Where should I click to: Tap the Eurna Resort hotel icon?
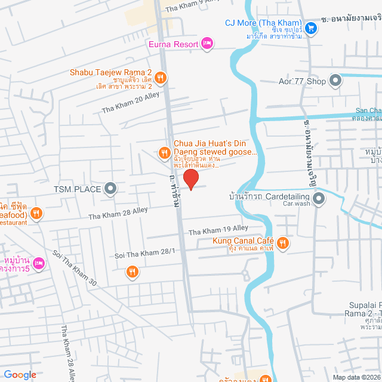pyautogui.click(x=207, y=42)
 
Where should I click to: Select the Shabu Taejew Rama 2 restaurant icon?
pyautogui.click(x=161, y=77)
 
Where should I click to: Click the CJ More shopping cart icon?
pyautogui.click(x=310, y=27)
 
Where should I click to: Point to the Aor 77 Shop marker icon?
pyautogui.click(x=335, y=80)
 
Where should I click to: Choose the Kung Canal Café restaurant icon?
pyautogui.click(x=284, y=242)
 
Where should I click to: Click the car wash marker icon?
pyautogui.click(x=319, y=198)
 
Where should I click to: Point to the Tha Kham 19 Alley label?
pyautogui.click(x=218, y=229)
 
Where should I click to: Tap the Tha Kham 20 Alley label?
pyautogui.click(x=130, y=106)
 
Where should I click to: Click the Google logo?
pyautogui.click(x=19, y=375)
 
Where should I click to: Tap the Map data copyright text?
pyautogui.click(x=356, y=377)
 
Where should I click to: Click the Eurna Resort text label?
pyautogui.click(x=174, y=43)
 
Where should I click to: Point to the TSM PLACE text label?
pyautogui.click(x=77, y=190)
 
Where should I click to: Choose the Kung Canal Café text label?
pyautogui.click(x=242, y=241)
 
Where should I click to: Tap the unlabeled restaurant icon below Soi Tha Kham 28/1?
pyautogui.click(x=133, y=272)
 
